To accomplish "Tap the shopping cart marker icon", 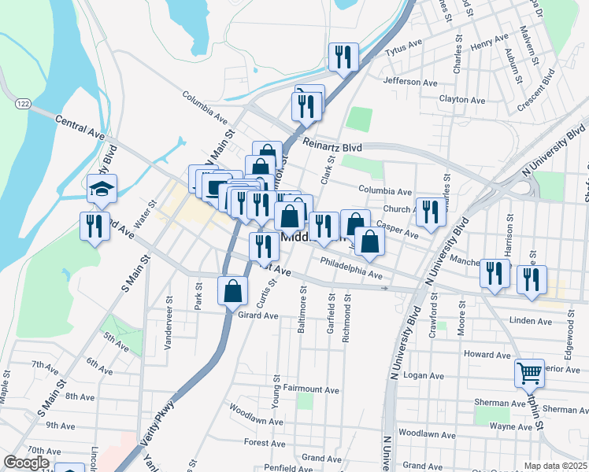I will (529, 372).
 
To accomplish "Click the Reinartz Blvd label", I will (332, 147).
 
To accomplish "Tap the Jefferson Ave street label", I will (409, 82).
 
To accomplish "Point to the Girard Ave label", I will (258, 315).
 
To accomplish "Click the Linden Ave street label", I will (531, 321).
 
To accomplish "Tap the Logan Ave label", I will (420, 375).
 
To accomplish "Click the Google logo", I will (27, 462).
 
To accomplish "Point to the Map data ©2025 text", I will (556, 466).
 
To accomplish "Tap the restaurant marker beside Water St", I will (95, 227).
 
